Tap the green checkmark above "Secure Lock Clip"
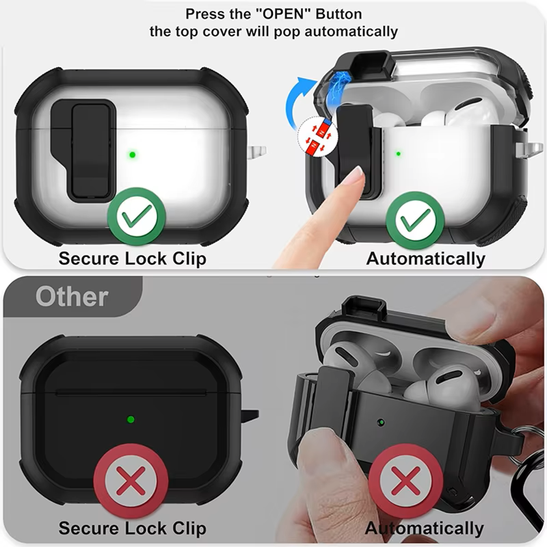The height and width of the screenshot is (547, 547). [x=136, y=216]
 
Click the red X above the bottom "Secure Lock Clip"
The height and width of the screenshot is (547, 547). [x=131, y=481]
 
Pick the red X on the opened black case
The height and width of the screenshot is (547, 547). [x=405, y=481]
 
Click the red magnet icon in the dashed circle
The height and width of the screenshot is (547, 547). [x=318, y=136]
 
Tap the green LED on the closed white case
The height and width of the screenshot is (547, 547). [x=132, y=155]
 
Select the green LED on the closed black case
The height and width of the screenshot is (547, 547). [x=131, y=419]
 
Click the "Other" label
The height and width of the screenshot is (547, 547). [x=72, y=297]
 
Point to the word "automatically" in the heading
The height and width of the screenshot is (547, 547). [x=351, y=31]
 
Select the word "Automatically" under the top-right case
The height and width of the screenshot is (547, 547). [x=425, y=259]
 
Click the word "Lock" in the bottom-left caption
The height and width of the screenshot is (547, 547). [x=146, y=528]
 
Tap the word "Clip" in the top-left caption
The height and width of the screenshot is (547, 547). [x=189, y=259]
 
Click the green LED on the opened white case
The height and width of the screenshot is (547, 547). [x=399, y=153]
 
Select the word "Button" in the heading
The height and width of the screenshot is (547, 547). [x=338, y=14]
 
